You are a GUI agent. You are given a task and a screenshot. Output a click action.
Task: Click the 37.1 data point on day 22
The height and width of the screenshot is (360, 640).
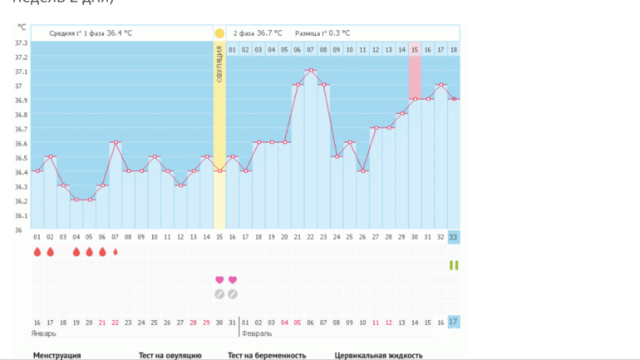click(311, 71)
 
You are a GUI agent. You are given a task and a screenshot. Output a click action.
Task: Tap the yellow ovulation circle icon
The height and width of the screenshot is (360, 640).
click(219, 33)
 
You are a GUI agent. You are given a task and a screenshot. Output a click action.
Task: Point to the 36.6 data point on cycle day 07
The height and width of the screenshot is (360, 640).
click(116, 142)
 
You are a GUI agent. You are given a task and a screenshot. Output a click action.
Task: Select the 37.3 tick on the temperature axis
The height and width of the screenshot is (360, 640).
click(21, 42)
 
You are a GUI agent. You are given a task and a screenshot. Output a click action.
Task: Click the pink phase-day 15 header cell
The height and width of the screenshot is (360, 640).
click(414, 50)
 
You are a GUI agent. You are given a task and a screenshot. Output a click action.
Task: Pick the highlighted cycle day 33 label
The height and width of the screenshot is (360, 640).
click(453, 237)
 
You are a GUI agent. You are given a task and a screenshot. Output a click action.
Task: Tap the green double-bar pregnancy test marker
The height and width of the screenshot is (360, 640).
click(453, 265)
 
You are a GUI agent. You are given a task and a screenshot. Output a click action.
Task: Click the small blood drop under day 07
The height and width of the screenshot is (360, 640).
click(116, 251)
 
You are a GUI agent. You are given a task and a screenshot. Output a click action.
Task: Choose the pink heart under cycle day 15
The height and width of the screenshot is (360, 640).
click(219, 280)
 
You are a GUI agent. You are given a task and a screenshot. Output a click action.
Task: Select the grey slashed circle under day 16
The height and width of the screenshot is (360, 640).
click(233, 293)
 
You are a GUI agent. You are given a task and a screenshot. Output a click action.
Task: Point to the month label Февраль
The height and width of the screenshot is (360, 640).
click(256, 333)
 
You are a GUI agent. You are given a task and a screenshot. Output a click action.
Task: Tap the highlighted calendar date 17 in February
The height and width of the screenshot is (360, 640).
click(453, 322)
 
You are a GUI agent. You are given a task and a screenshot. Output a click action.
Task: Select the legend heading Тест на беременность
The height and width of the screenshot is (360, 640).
click(267, 355)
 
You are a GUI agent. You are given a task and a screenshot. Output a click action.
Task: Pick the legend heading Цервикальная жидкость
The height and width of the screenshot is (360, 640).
click(372, 355)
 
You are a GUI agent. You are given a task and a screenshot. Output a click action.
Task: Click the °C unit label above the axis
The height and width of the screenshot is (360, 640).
click(22, 27)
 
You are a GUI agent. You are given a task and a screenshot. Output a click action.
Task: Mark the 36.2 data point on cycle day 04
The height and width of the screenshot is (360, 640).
click(76, 200)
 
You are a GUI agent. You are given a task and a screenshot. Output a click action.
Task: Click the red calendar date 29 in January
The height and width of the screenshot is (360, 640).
click(206, 322)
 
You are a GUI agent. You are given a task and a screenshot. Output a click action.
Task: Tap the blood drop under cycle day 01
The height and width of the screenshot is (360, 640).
click(37, 251)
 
